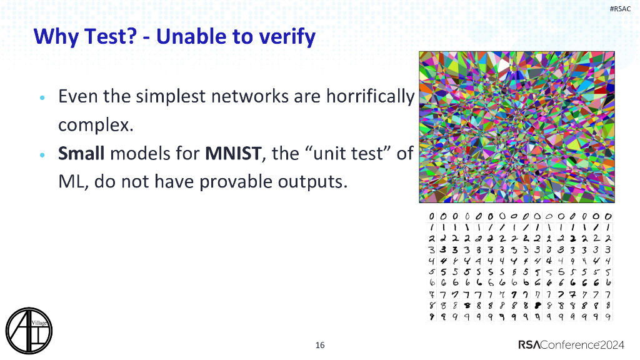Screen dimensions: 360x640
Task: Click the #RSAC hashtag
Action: [x=620, y=9]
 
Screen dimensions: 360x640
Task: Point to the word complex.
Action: [x=96, y=124]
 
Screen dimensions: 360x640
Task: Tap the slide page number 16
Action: [x=320, y=345]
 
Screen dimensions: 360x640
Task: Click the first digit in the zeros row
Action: [x=432, y=216]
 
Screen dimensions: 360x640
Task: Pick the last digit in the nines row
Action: [x=608, y=317]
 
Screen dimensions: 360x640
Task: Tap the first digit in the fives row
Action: [x=432, y=272]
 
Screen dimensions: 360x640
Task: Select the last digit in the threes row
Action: [x=608, y=250]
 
